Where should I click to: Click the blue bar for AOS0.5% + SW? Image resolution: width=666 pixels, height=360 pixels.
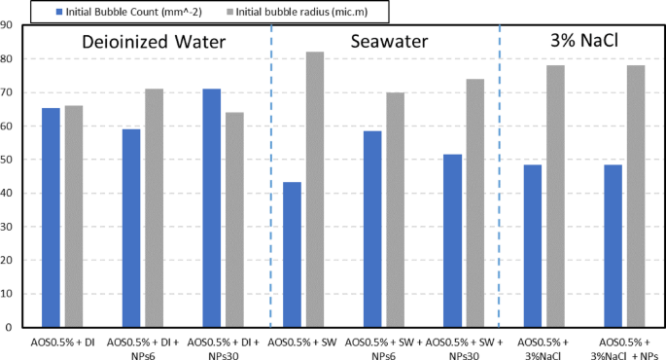(x=292, y=254)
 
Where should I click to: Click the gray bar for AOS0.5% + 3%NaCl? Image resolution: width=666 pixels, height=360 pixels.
(x=555, y=196)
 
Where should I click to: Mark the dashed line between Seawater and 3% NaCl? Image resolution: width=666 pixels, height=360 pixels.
(x=500, y=175)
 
